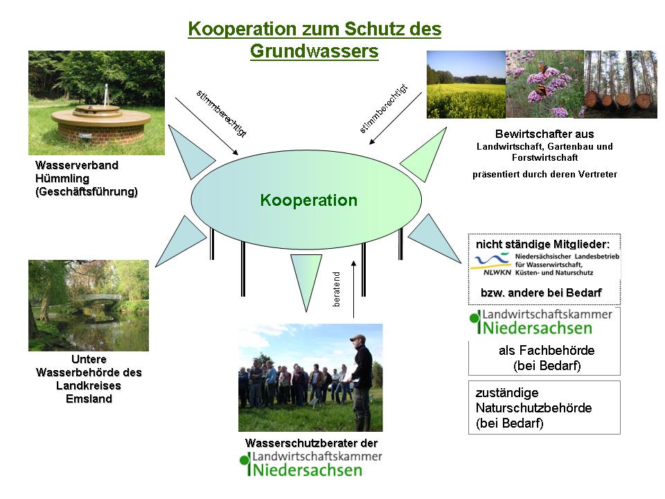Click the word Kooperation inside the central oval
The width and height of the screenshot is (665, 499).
[x=309, y=200]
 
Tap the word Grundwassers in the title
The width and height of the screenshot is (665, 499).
[x=314, y=51]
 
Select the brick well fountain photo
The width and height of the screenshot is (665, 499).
[x=97, y=103]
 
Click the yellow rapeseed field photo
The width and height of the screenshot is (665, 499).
[x=466, y=85]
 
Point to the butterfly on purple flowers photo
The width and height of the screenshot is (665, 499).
[x=545, y=84]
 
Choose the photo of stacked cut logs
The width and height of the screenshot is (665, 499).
[x=621, y=84]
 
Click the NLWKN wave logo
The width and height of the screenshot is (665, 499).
[x=491, y=263]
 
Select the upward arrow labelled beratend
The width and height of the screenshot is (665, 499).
[x=354, y=289]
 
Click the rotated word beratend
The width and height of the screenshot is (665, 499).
[x=337, y=290]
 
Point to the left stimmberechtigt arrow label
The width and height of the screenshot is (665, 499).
[x=222, y=114]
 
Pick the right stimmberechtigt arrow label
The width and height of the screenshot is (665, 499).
[x=383, y=109]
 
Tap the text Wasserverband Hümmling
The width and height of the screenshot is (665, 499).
[x=77, y=172]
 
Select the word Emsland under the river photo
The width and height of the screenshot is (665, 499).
[x=89, y=399]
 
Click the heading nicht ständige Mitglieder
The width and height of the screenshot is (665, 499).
[x=542, y=245]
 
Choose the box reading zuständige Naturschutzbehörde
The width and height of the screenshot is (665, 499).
[x=544, y=408]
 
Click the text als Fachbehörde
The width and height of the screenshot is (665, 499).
[x=547, y=351]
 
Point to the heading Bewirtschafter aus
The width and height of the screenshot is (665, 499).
[x=544, y=134]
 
